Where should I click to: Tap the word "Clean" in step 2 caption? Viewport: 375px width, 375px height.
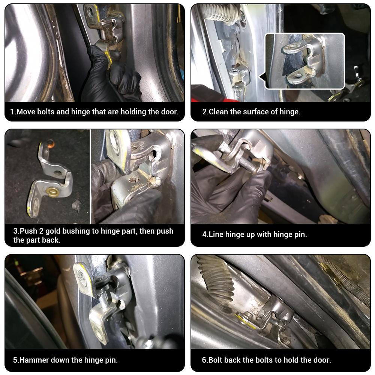(x=219, y=112)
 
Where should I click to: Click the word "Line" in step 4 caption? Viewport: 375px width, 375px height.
(x=216, y=235)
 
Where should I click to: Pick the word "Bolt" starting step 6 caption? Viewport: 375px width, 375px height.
(x=216, y=360)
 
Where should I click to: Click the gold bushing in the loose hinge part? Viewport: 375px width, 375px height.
(x=51, y=194)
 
